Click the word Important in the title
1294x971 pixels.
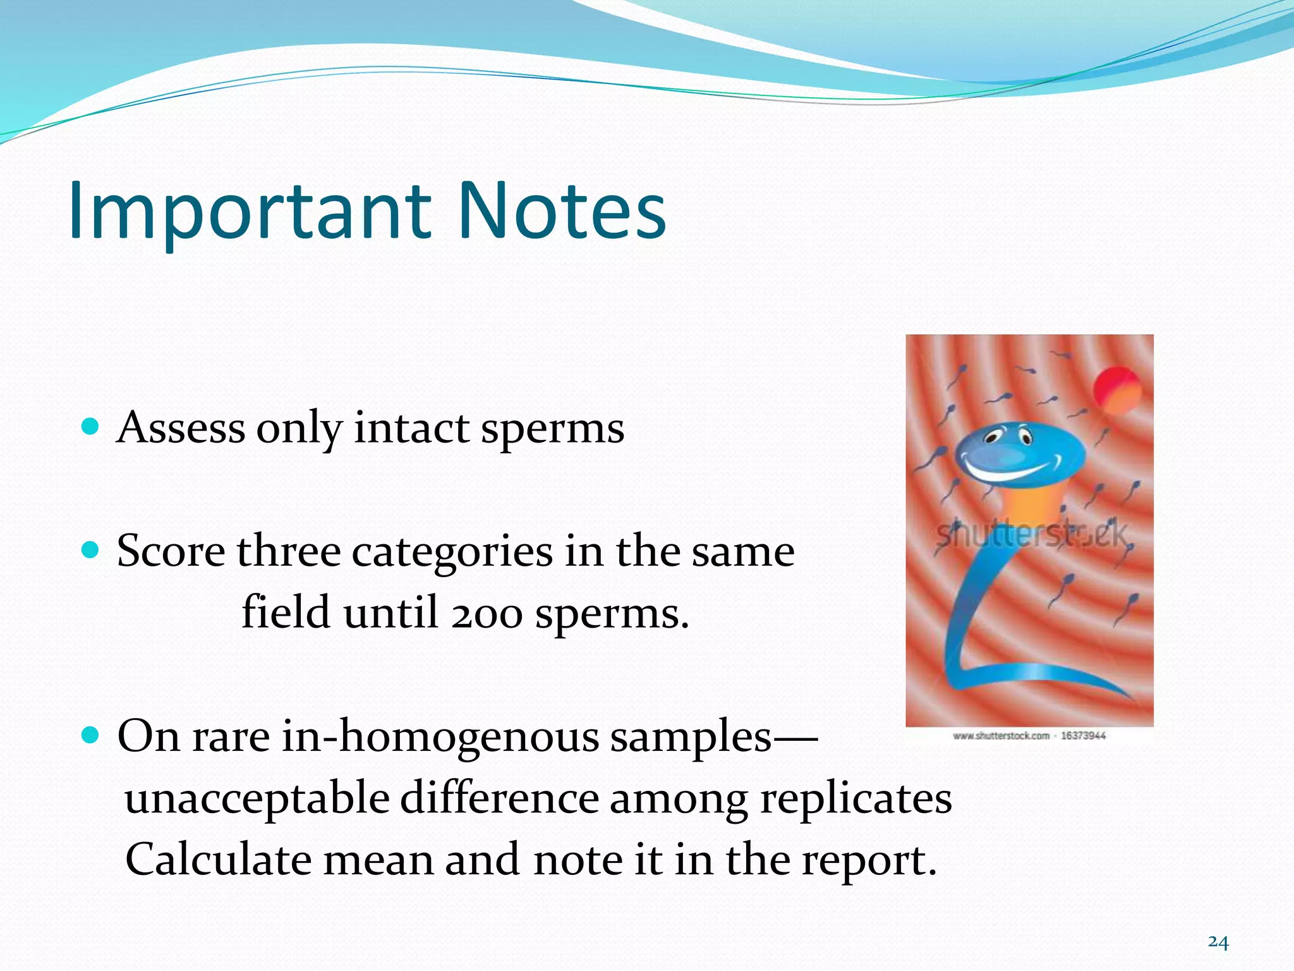[250, 212]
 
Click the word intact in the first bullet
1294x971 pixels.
[411, 428]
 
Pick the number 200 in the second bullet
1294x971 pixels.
[487, 613]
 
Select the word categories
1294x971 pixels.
[452, 552]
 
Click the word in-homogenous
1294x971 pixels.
[439, 737]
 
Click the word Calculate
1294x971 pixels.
[218, 860]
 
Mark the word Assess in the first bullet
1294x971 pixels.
[181, 428]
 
